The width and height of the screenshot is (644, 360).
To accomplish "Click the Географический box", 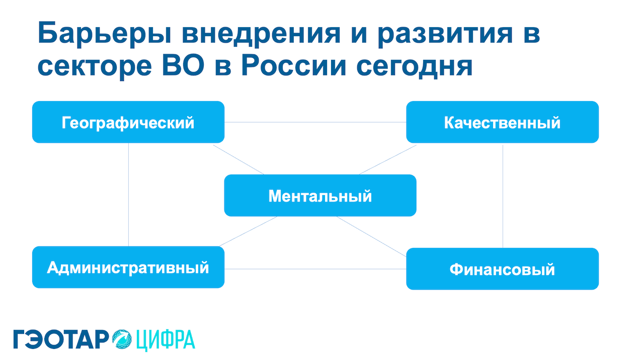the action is [128, 122].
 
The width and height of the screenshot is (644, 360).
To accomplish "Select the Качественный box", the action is [502, 122].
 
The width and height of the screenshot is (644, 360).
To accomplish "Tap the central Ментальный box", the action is [320, 196].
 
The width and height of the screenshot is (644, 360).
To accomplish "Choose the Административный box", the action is [128, 267].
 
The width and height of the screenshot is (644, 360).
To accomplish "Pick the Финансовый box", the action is [502, 268].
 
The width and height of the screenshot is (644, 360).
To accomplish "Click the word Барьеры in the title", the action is [105, 34].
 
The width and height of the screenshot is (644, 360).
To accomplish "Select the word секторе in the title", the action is [95, 66].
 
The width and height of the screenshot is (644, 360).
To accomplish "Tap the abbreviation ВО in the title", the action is [184, 65].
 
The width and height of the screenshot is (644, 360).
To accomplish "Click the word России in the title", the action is [293, 65].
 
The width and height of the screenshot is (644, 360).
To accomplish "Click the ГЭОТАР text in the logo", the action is [61, 339].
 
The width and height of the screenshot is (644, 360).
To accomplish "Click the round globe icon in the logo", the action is [122, 339].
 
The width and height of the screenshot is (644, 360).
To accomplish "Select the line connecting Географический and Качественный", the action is [315, 122].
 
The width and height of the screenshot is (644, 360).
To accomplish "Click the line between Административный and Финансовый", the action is [315, 269].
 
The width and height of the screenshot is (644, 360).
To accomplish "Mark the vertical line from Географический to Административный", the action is [128, 195].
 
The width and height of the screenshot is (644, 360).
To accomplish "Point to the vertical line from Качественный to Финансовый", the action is [503, 196].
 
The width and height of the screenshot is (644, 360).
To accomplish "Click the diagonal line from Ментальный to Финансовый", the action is [371, 236].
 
